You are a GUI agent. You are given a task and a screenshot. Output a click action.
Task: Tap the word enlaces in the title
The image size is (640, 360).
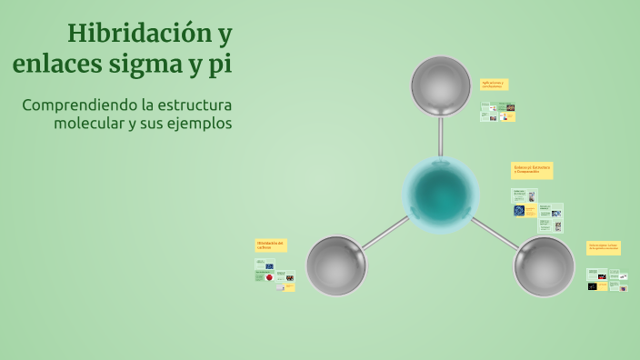click(56, 65)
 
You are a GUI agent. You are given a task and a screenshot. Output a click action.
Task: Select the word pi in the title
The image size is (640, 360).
click(219, 65)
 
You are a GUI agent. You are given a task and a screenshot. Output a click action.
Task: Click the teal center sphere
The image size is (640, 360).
click(441, 194)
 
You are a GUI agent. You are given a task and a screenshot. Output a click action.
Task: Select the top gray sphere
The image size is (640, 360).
click(441, 86)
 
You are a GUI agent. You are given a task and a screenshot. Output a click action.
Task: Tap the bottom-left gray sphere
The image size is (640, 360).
click(336, 266)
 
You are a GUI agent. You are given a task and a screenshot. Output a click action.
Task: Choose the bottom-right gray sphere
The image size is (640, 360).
click(544, 267)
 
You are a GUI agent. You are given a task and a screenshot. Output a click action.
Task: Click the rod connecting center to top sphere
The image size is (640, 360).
click(441, 136)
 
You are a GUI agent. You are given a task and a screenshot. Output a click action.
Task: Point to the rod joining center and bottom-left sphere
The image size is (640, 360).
click(384, 234)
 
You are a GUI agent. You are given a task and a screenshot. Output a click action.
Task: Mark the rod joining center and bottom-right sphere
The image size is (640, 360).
click(496, 234)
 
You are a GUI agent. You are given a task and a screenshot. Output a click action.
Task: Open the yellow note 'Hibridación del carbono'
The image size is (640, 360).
click(271, 245)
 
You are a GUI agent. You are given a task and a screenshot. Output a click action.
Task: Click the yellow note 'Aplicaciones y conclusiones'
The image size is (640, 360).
click(494, 85)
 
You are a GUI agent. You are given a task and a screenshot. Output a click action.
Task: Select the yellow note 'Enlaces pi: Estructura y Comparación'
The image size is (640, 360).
click(532, 170)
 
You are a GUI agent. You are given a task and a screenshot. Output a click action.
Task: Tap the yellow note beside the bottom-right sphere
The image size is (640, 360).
click(604, 247)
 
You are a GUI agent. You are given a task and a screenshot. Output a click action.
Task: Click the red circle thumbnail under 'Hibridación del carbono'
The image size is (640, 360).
click(269, 276)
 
